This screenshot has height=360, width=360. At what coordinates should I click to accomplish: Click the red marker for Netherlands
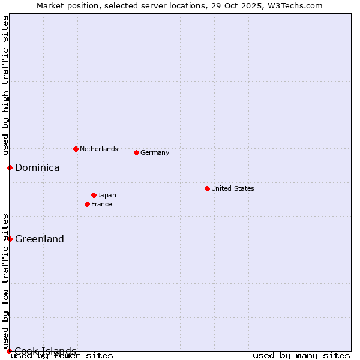click(x=76, y=149)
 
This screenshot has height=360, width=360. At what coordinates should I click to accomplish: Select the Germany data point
click(x=136, y=152)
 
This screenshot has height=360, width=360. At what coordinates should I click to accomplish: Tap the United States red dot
click(x=207, y=188)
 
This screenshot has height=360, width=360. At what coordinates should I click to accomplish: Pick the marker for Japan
click(x=94, y=195)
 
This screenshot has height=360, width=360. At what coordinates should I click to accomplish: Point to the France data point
click(x=87, y=204)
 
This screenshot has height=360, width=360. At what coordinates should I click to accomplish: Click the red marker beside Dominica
click(x=10, y=167)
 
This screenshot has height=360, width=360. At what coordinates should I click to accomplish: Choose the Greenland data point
click(x=10, y=239)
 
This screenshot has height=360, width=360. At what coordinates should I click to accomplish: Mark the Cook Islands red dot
click(x=9, y=351)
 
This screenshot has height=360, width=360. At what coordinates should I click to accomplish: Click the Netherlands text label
click(x=99, y=149)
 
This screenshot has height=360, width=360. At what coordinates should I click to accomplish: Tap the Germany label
click(x=155, y=152)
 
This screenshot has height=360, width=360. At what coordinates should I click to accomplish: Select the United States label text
click(x=233, y=188)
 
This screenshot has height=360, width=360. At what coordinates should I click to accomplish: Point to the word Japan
click(x=107, y=195)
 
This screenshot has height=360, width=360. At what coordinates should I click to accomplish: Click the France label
click(x=101, y=204)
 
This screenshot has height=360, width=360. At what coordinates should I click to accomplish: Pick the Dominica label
click(x=37, y=168)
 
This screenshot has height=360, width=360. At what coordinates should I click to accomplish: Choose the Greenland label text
click(x=40, y=239)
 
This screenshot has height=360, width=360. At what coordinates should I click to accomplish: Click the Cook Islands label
click(x=46, y=351)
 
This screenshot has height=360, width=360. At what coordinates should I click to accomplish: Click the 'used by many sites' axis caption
click(x=301, y=356)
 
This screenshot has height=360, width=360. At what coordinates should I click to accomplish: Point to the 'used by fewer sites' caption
click(x=62, y=356)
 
